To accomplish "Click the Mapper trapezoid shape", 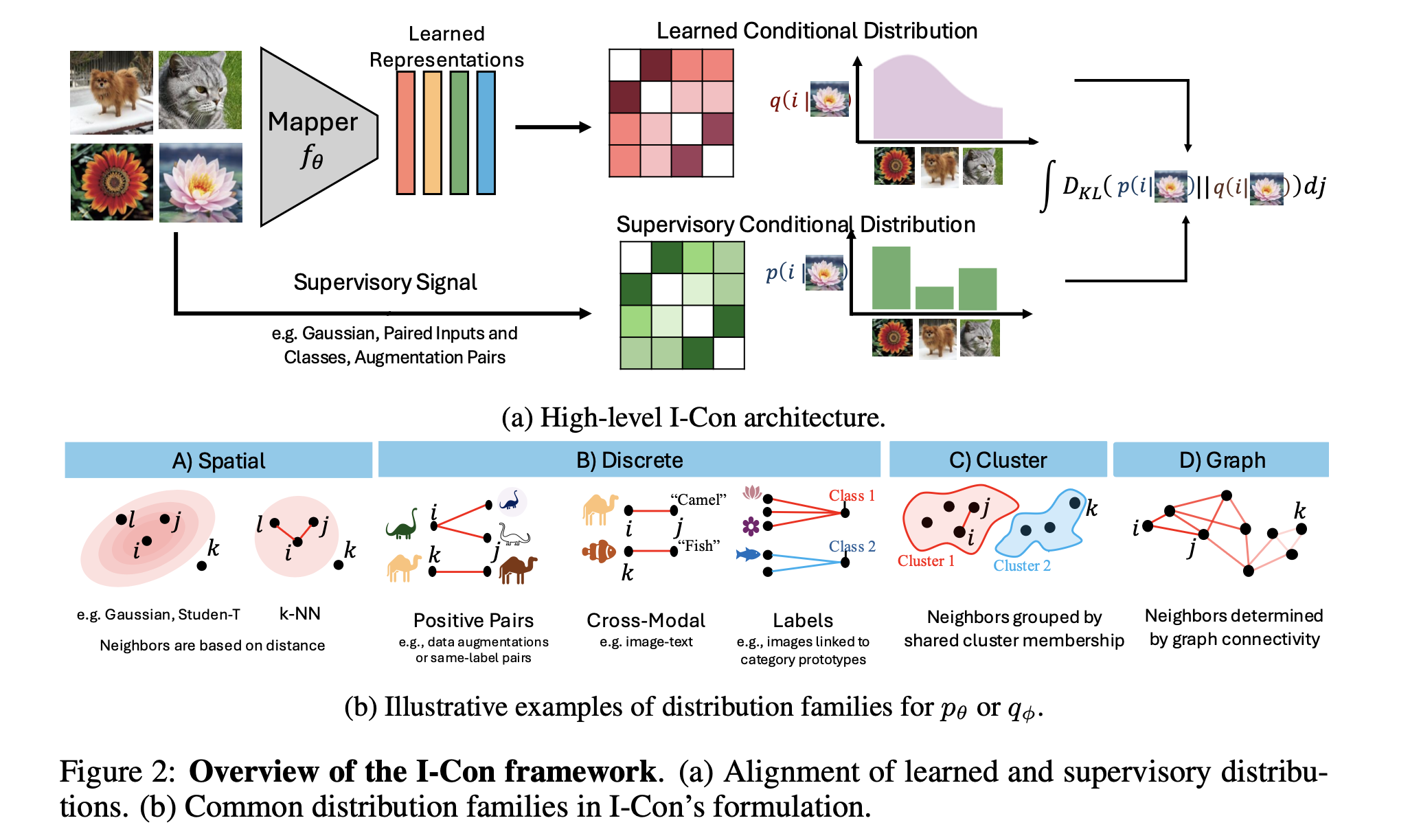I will click(316, 137).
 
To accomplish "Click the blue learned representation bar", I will click(486, 133).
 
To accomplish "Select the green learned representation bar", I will click(459, 133).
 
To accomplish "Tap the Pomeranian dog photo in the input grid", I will click(111, 92).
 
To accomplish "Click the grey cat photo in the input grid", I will click(200, 90).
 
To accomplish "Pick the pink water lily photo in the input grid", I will click(201, 183).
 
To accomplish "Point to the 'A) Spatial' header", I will click(218, 460).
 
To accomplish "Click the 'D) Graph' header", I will click(1221, 460).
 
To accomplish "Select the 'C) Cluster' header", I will click(997, 460).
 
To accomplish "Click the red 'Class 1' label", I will click(852, 495).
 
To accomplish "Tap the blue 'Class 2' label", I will click(852, 546).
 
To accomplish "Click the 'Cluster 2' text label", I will click(1021, 565).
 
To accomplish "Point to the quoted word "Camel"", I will click(698, 499).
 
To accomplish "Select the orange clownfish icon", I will click(599, 551).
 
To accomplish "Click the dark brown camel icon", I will click(518, 569).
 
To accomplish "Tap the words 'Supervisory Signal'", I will click(385, 282).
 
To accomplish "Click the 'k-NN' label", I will click(299, 613).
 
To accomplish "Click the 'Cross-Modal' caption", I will click(646, 620).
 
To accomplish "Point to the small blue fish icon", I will click(747, 554).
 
